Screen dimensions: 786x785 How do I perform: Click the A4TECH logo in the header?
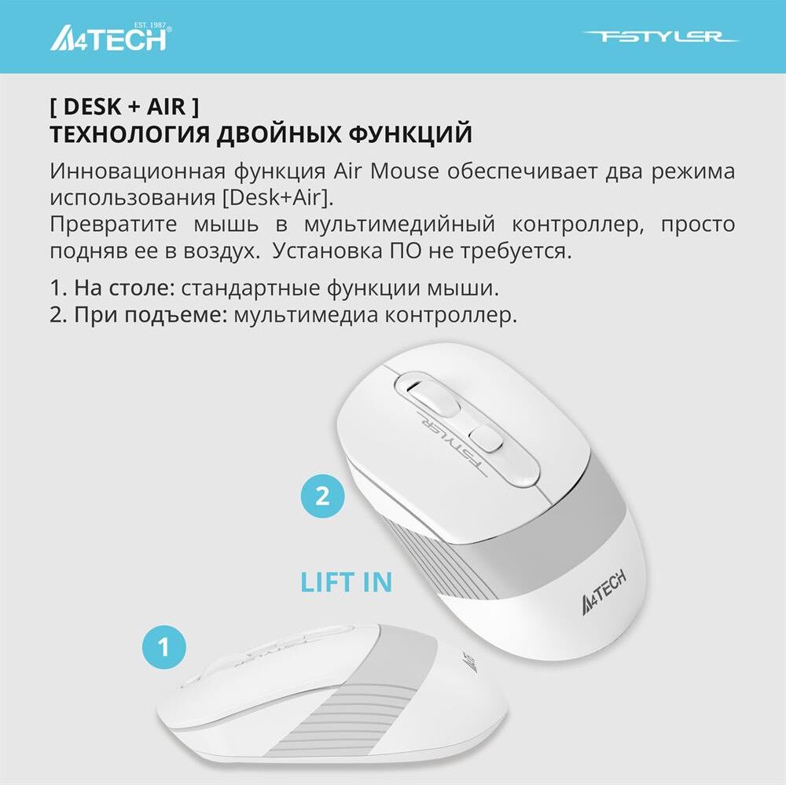pyautogui.click(x=110, y=37)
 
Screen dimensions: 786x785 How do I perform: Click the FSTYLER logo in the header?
pyautogui.click(x=660, y=37)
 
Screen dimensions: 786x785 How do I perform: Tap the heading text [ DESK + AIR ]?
pyautogui.click(x=124, y=106)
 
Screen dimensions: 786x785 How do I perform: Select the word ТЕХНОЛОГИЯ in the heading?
pyautogui.click(x=130, y=134)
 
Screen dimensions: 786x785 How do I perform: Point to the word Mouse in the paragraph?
pyautogui.click(x=405, y=171)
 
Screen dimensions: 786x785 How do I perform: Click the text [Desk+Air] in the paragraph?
pyautogui.click(x=277, y=197)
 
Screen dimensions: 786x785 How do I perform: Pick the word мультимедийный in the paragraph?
pyautogui.click(x=399, y=225)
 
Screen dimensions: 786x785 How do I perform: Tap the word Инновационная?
pyautogui.click(x=138, y=171)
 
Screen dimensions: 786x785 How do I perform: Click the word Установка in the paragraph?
pyautogui.click(x=327, y=250)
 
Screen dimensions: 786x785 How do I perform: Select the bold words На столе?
pyautogui.click(x=124, y=288)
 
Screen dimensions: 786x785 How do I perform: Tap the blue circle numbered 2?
pyautogui.click(x=322, y=496)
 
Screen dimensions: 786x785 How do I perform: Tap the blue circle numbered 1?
pyautogui.click(x=164, y=647)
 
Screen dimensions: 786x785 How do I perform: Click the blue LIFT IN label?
pyautogui.click(x=346, y=582)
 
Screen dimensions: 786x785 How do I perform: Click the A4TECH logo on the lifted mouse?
pyautogui.click(x=604, y=592)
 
